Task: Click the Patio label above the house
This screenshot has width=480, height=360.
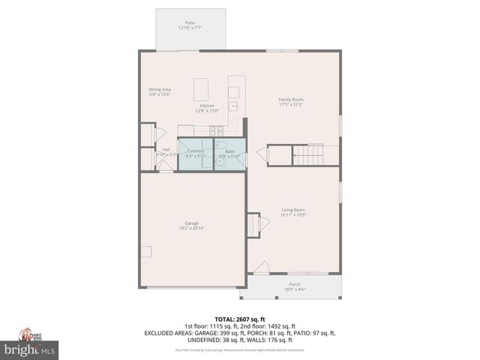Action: (x=190, y=23)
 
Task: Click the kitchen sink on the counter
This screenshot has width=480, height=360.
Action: (x=234, y=92)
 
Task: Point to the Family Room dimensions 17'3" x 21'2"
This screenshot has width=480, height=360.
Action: (x=291, y=105)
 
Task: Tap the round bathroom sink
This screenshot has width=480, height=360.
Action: (x=220, y=160)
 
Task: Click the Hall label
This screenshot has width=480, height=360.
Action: (x=166, y=150)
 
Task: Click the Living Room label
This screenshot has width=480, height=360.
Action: (x=293, y=210)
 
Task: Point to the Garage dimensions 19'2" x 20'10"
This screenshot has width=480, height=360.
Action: (x=192, y=228)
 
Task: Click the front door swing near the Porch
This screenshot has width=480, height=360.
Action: (x=261, y=267)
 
